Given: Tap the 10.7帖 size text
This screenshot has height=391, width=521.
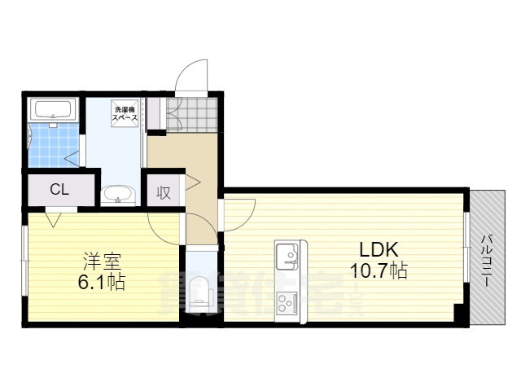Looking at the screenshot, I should pos(379,271).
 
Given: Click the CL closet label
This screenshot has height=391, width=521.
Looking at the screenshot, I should pos(59,190).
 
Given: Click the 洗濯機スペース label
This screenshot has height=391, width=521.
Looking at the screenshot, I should pos(125,112).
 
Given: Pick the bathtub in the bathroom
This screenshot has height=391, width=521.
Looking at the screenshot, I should pos(54,110).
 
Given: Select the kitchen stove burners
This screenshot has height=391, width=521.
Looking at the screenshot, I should pos(287,304).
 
